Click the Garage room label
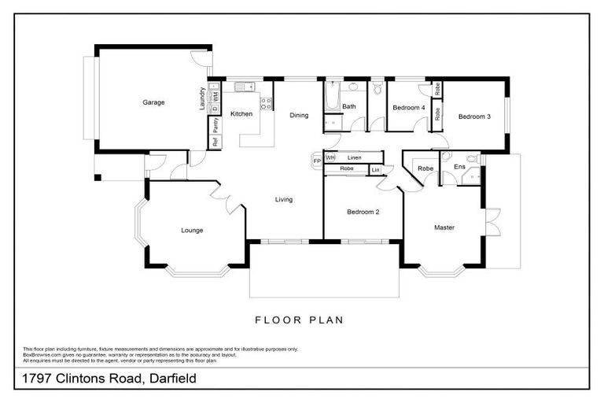[153, 102]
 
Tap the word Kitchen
[241, 114]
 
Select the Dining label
[299, 116]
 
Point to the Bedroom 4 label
[409, 108]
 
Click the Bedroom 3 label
[474, 116]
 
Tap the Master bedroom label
[444, 227]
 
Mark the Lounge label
[192, 231]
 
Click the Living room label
[283, 199]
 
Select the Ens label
[459, 167]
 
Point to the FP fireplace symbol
[317, 161]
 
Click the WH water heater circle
[330, 158]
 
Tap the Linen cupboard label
[354, 158]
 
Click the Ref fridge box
[215, 142]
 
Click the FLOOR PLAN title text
[298, 320]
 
